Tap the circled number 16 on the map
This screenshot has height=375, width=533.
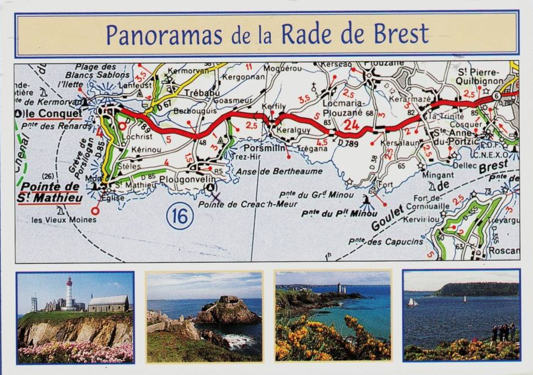click(180, 217)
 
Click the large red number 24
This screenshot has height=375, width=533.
click(351, 125)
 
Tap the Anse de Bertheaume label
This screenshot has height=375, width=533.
click(279, 171)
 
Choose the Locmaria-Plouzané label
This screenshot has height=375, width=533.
click(342, 108)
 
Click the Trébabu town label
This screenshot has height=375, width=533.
click(202, 93)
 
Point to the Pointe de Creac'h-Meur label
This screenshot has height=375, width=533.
click(247, 204)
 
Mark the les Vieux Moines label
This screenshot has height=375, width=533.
click(64, 220)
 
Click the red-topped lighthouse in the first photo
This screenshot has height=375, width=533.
click(69, 293)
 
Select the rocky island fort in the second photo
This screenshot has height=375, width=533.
click(228, 311)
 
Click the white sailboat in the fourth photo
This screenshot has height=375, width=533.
click(412, 302)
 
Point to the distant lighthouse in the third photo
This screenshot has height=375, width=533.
click(339, 288)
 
